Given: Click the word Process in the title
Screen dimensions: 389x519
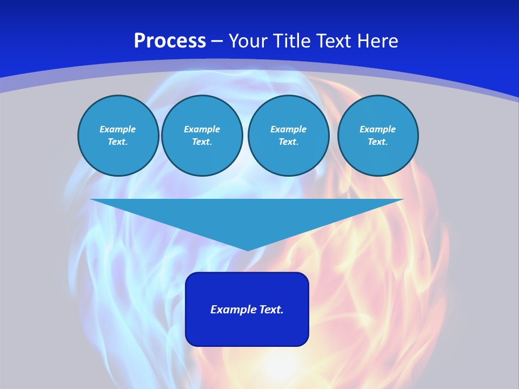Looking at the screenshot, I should [170, 41].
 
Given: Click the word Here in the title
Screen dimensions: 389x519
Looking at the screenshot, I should [378, 41].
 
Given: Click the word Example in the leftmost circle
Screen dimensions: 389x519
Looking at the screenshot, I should [118, 129].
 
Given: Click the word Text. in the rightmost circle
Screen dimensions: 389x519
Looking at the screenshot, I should [377, 142].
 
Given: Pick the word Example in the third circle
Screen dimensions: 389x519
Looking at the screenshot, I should [288, 129].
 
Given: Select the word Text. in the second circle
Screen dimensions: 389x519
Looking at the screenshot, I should [202, 142].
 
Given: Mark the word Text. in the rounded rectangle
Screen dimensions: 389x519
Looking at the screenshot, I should [272, 310].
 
